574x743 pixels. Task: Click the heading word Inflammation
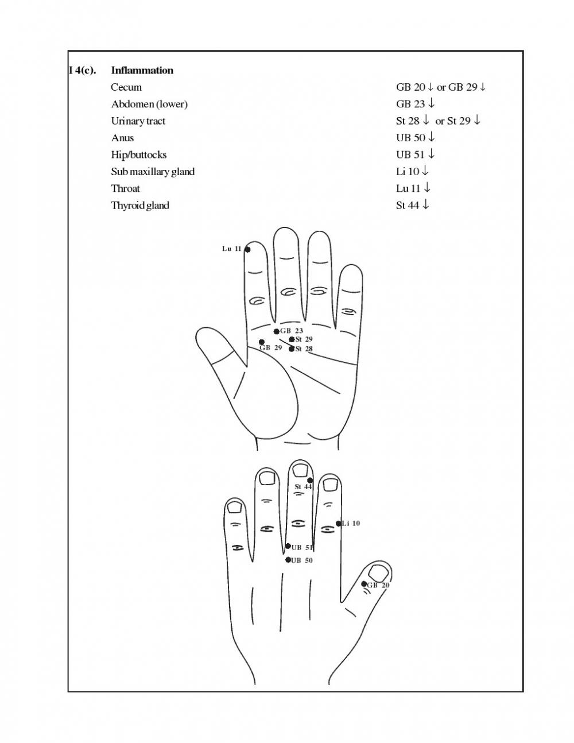(142, 71)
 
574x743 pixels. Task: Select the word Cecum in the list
(126, 87)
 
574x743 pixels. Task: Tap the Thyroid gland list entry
(140, 206)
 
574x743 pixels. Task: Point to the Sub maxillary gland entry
(153, 172)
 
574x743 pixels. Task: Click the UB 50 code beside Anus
(410, 138)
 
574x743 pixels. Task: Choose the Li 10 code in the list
(408, 171)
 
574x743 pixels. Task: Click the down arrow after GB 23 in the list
(431, 103)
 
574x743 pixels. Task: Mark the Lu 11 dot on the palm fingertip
(247, 250)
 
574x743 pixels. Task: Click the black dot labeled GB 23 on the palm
(277, 331)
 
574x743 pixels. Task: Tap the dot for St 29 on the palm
(292, 339)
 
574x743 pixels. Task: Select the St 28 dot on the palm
(292, 349)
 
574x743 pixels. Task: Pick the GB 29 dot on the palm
(262, 342)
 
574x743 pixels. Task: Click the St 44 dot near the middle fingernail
(310, 481)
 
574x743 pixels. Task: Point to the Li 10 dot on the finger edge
(339, 524)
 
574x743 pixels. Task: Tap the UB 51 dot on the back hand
(288, 547)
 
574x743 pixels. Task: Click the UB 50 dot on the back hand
(288, 560)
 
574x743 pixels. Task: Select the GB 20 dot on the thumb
(364, 584)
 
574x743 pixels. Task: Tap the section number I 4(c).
(82, 71)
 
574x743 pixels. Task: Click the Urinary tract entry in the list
(138, 121)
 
